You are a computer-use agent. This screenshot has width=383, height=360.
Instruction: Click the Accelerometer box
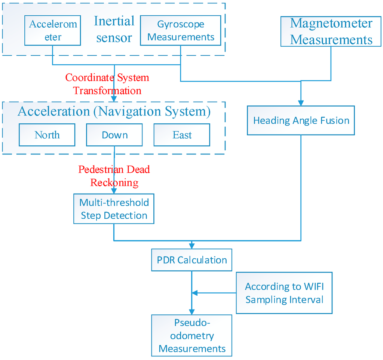point(53,31)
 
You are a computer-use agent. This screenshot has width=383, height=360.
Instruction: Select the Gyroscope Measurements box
point(181,31)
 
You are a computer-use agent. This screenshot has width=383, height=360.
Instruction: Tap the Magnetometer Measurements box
point(331,31)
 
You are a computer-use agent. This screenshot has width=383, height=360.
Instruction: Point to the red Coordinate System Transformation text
point(107,84)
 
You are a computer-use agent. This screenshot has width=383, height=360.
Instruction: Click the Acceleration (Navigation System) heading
point(114,111)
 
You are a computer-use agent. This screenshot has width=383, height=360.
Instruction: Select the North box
point(47,135)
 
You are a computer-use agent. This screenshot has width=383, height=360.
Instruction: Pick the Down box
point(114,135)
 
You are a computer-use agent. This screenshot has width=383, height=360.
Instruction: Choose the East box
point(182,135)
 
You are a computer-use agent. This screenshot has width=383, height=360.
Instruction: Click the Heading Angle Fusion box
point(301,120)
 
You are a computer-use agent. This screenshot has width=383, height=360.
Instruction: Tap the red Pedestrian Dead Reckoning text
point(114,176)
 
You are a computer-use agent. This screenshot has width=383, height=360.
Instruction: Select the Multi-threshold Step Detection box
point(114,209)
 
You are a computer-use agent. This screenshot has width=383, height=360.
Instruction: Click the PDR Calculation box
point(192,260)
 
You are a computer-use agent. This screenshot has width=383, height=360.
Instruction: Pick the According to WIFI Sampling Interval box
point(284,293)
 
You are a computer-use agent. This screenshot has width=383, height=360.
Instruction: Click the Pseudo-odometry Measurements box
point(192,335)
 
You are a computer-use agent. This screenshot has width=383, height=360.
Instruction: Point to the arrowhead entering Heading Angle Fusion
point(301,103)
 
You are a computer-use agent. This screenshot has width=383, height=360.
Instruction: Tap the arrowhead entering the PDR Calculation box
point(192,246)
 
